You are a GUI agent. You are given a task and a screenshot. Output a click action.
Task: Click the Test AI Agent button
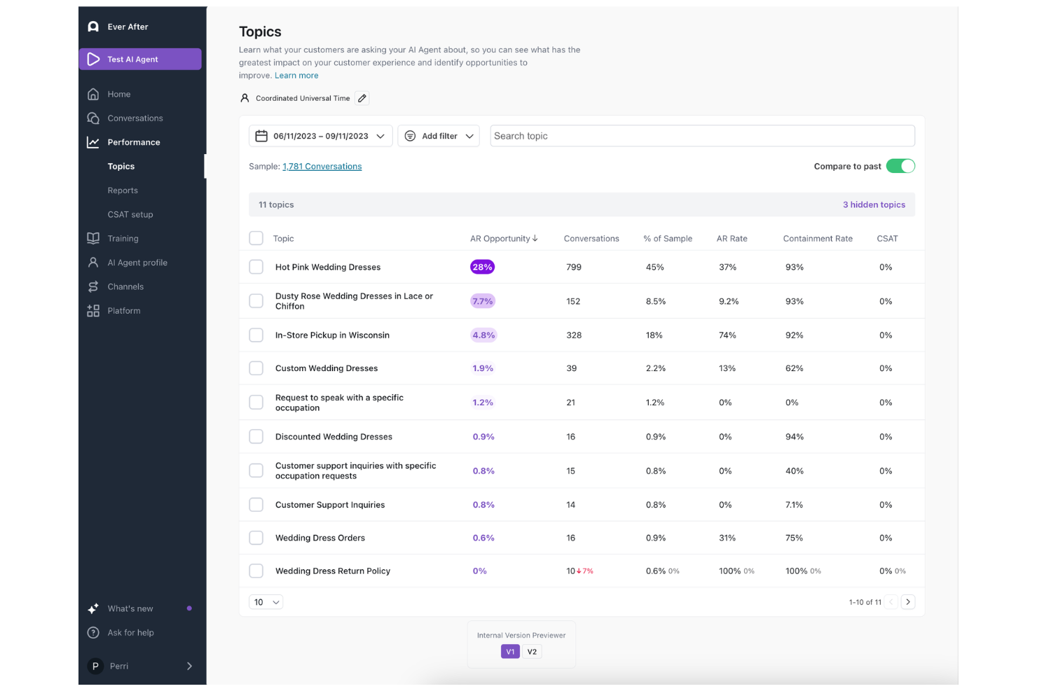tap(140, 60)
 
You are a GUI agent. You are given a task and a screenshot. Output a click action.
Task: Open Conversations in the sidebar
tap(135, 118)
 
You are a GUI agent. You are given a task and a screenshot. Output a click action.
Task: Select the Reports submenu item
tap(123, 190)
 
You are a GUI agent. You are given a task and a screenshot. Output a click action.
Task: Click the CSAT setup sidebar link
tap(130, 214)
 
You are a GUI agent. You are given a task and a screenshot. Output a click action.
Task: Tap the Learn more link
tap(296, 76)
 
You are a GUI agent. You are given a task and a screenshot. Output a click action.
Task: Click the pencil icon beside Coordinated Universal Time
tap(362, 99)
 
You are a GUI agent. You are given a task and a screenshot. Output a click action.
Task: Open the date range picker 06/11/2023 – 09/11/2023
tap(320, 136)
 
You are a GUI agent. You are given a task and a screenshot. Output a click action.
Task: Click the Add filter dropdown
tap(439, 136)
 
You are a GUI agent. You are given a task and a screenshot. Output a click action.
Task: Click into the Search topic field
tap(701, 136)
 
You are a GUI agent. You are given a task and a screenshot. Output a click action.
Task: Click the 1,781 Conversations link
tap(322, 167)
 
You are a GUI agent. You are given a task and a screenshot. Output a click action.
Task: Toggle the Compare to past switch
tap(900, 166)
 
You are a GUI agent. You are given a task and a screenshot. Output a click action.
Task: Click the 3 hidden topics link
tap(874, 205)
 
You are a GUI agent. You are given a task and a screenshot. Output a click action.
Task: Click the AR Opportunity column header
tap(503, 239)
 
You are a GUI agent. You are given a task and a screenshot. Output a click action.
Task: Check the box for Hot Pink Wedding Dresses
tap(256, 267)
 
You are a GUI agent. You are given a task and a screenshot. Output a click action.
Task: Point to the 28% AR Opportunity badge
tap(482, 267)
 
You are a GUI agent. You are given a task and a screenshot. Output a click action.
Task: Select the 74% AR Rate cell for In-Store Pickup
tap(727, 335)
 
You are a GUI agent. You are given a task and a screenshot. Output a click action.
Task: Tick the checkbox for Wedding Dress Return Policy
tap(256, 571)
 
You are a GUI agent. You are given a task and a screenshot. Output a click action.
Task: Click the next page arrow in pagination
tap(908, 602)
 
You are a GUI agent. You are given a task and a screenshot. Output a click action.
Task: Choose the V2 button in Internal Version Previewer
tap(532, 652)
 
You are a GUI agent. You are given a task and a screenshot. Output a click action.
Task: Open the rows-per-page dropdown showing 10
tap(266, 602)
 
